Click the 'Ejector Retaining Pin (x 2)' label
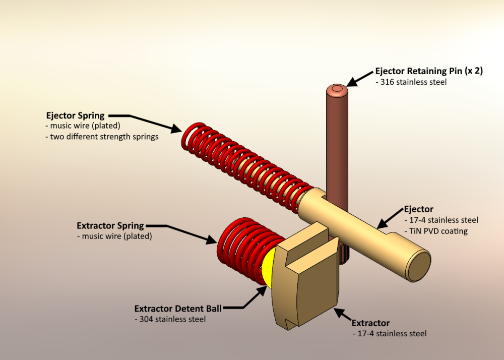pyautogui.click(x=429, y=71)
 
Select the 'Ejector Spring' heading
pyautogui.click(x=75, y=115)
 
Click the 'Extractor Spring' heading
pyautogui.click(x=110, y=225)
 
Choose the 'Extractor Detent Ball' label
pyautogui.click(x=178, y=308)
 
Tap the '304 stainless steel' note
pyautogui.click(x=170, y=319)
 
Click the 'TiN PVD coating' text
pyautogui.click(x=436, y=231)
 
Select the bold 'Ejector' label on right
pyautogui.click(x=418, y=209)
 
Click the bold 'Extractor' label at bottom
pyautogui.click(x=370, y=323)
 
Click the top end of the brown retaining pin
pyautogui.click(x=336, y=90)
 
